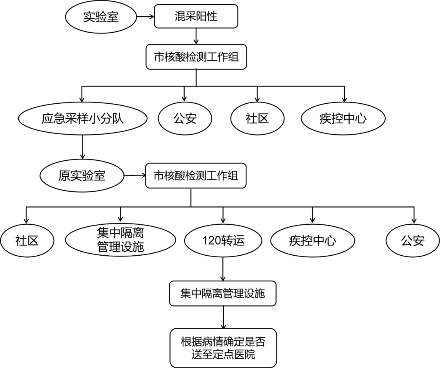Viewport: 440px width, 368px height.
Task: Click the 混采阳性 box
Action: point(196,16)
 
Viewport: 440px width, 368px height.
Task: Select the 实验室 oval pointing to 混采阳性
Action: point(101,17)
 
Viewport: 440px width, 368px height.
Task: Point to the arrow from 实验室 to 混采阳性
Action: point(145,17)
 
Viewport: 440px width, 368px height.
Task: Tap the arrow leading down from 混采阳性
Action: point(196,36)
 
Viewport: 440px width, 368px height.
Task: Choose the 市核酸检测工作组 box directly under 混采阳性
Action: point(196,57)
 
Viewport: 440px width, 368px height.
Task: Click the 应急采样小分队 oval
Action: point(83,118)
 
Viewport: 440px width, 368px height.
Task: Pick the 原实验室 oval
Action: point(82,176)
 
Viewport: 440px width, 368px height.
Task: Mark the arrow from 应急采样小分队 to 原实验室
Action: point(82,147)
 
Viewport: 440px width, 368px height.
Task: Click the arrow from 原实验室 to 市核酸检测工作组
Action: point(135,176)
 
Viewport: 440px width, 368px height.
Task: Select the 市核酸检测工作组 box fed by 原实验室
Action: point(196,176)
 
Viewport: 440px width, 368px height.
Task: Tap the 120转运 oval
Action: point(223,240)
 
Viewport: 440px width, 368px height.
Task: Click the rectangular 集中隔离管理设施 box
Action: point(223,294)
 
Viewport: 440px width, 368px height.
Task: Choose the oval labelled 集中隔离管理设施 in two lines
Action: point(120,240)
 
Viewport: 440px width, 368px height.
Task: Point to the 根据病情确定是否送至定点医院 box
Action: point(223,348)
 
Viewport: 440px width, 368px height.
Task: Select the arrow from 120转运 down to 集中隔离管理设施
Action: point(223,269)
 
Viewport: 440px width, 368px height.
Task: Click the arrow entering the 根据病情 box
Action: point(223,317)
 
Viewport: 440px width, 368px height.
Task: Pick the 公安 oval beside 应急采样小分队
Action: point(185,118)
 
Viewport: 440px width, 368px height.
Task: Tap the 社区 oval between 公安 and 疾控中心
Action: point(257,118)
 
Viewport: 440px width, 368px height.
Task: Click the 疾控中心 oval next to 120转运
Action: point(312,240)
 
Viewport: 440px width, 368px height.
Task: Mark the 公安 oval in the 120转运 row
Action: point(413,240)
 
